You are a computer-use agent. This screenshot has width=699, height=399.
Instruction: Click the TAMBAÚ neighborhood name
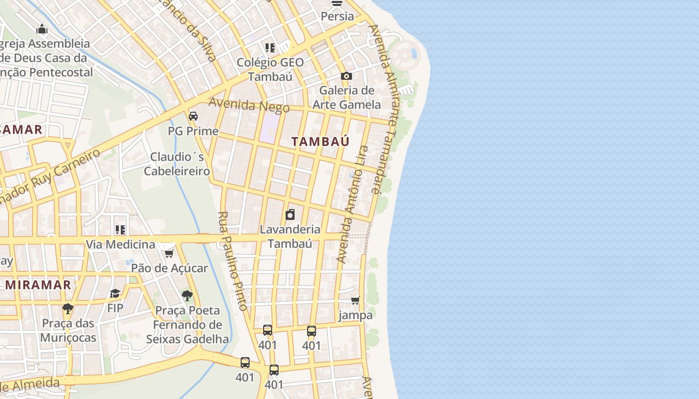click(320, 142)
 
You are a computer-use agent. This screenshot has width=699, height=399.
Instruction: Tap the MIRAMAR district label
click(38, 285)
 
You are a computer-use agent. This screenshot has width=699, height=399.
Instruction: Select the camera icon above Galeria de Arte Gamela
click(347, 76)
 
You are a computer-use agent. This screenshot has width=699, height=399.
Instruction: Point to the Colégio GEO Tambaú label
click(270, 69)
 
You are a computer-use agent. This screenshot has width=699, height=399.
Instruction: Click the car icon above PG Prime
click(193, 116)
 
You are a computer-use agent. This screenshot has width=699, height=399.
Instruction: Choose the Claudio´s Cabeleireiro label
click(177, 164)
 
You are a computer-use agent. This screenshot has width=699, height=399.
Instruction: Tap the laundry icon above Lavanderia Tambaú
click(290, 215)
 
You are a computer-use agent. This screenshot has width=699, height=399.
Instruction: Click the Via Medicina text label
click(120, 244)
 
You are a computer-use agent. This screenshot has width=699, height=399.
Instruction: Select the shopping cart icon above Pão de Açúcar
click(169, 254)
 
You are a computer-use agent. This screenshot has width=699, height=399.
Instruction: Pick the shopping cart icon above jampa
click(355, 300)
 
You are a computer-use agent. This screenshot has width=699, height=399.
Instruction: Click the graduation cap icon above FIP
click(115, 293)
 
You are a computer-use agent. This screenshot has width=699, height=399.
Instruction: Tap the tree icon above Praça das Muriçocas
click(68, 308)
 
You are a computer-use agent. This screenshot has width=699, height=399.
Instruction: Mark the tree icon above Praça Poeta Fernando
click(187, 296)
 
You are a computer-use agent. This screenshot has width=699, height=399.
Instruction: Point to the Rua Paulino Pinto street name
click(233, 261)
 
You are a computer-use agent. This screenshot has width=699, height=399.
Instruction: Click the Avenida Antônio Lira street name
click(352, 204)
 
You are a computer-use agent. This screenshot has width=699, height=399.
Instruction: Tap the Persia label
click(337, 16)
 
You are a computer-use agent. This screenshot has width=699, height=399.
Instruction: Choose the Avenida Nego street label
click(249, 105)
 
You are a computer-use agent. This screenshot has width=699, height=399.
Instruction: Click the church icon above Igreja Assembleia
click(42, 29)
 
